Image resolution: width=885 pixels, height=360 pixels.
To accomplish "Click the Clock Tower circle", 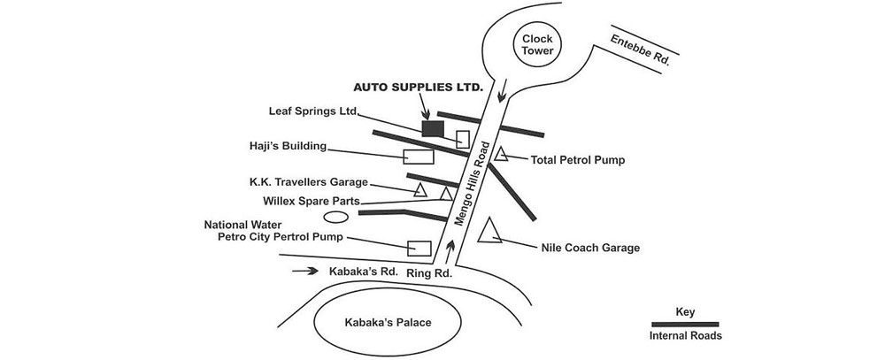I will point(537,44).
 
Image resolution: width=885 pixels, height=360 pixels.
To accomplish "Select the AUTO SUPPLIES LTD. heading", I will point(419,88).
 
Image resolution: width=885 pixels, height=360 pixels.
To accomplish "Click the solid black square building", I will point(433,128).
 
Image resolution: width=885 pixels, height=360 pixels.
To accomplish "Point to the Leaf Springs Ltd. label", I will point(312,112).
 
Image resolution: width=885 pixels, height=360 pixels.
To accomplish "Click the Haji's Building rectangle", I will point(419,157).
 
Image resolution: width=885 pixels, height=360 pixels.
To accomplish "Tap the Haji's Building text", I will point(289,146).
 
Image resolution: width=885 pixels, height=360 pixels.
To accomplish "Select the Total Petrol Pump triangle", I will point(501,155).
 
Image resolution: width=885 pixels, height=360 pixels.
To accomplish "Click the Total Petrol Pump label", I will point(578,161).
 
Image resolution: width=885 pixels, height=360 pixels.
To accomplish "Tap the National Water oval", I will point(335,217).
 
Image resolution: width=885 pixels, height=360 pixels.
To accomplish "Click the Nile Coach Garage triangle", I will point(489,232).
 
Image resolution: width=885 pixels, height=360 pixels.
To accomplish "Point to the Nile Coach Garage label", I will point(589,249).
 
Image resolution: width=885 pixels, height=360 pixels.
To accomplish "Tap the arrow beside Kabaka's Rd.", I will point(304,272).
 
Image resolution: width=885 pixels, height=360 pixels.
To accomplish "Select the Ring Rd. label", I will point(429,274).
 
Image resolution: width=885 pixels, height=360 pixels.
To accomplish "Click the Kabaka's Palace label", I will point(388,322).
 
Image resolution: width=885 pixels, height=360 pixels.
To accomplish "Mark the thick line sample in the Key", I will point(686,325).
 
